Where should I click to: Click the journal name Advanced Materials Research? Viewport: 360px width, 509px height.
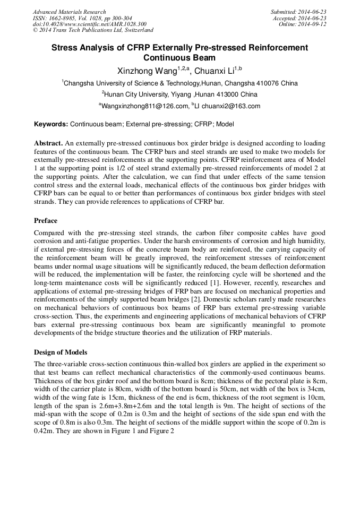coord(69,12)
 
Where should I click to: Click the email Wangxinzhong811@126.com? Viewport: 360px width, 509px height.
coord(144,106)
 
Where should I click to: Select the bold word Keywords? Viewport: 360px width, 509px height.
coord(51,125)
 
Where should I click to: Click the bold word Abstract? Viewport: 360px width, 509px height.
coord(48,143)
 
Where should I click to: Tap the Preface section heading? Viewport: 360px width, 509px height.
coord(46,221)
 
